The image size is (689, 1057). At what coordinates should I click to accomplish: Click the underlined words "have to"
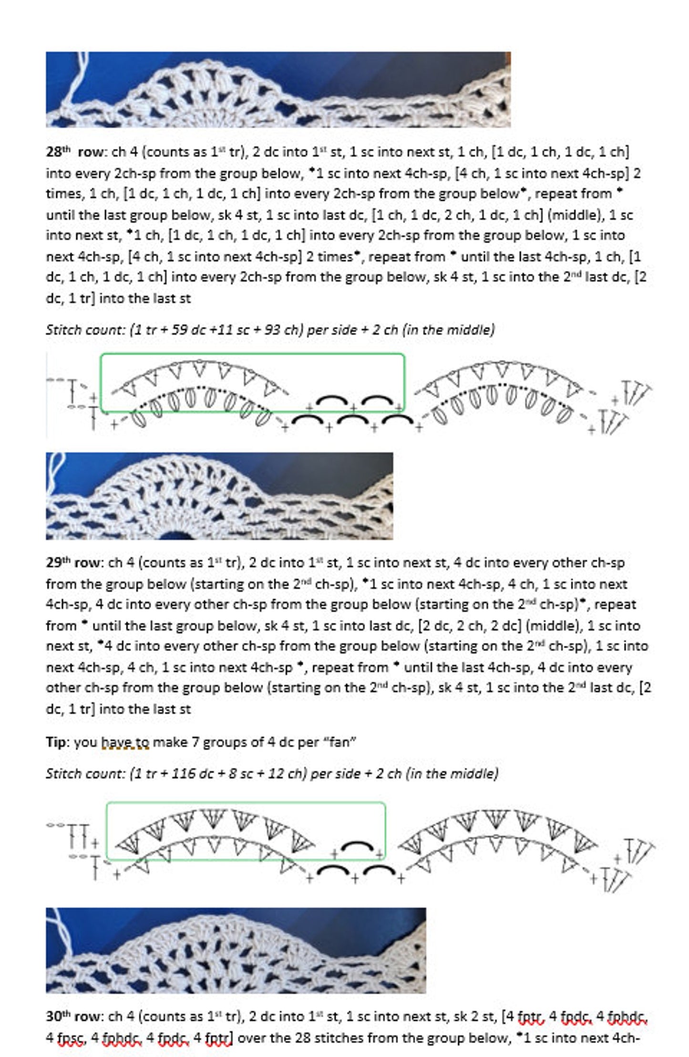coord(125,743)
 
